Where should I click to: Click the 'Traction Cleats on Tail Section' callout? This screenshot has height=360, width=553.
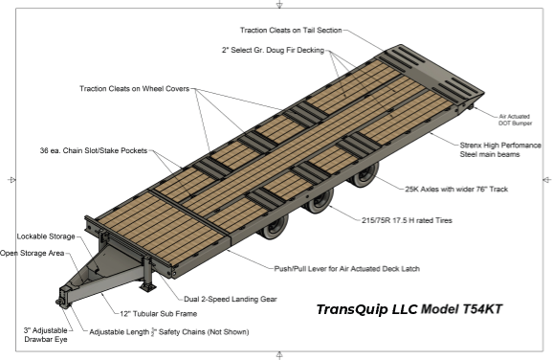click(x=291, y=31)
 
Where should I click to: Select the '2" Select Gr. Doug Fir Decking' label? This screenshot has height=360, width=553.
click(x=273, y=50)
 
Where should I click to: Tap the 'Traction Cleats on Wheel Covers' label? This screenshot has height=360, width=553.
click(x=134, y=89)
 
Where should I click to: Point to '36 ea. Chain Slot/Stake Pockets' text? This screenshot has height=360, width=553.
click(x=94, y=150)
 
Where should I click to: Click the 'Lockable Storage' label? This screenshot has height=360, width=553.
click(x=46, y=236)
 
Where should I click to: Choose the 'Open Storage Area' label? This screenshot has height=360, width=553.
click(x=33, y=253)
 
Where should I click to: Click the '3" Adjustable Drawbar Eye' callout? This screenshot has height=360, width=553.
click(x=46, y=334)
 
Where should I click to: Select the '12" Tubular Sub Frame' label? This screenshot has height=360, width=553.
click(x=159, y=314)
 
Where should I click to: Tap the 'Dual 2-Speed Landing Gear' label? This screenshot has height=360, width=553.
click(x=231, y=300)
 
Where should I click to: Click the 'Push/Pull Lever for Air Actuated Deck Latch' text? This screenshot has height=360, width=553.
click(x=347, y=269)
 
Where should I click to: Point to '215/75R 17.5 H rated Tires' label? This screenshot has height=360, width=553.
click(x=407, y=220)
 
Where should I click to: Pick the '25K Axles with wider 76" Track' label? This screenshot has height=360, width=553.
click(x=456, y=190)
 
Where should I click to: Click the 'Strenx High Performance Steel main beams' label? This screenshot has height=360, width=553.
click(x=500, y=149)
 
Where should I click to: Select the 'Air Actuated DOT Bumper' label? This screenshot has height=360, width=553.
click(x=515, y=120)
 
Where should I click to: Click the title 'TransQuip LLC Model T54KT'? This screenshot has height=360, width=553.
click(x=409, y=309)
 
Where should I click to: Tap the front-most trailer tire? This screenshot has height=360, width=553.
click(x=274, y=229)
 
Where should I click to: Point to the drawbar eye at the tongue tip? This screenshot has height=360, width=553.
click(x=63, y=301)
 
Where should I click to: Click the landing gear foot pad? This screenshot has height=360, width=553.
click(x=148, y=286)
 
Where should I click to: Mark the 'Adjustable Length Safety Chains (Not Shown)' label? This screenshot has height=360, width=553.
click(x=169, y=332)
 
